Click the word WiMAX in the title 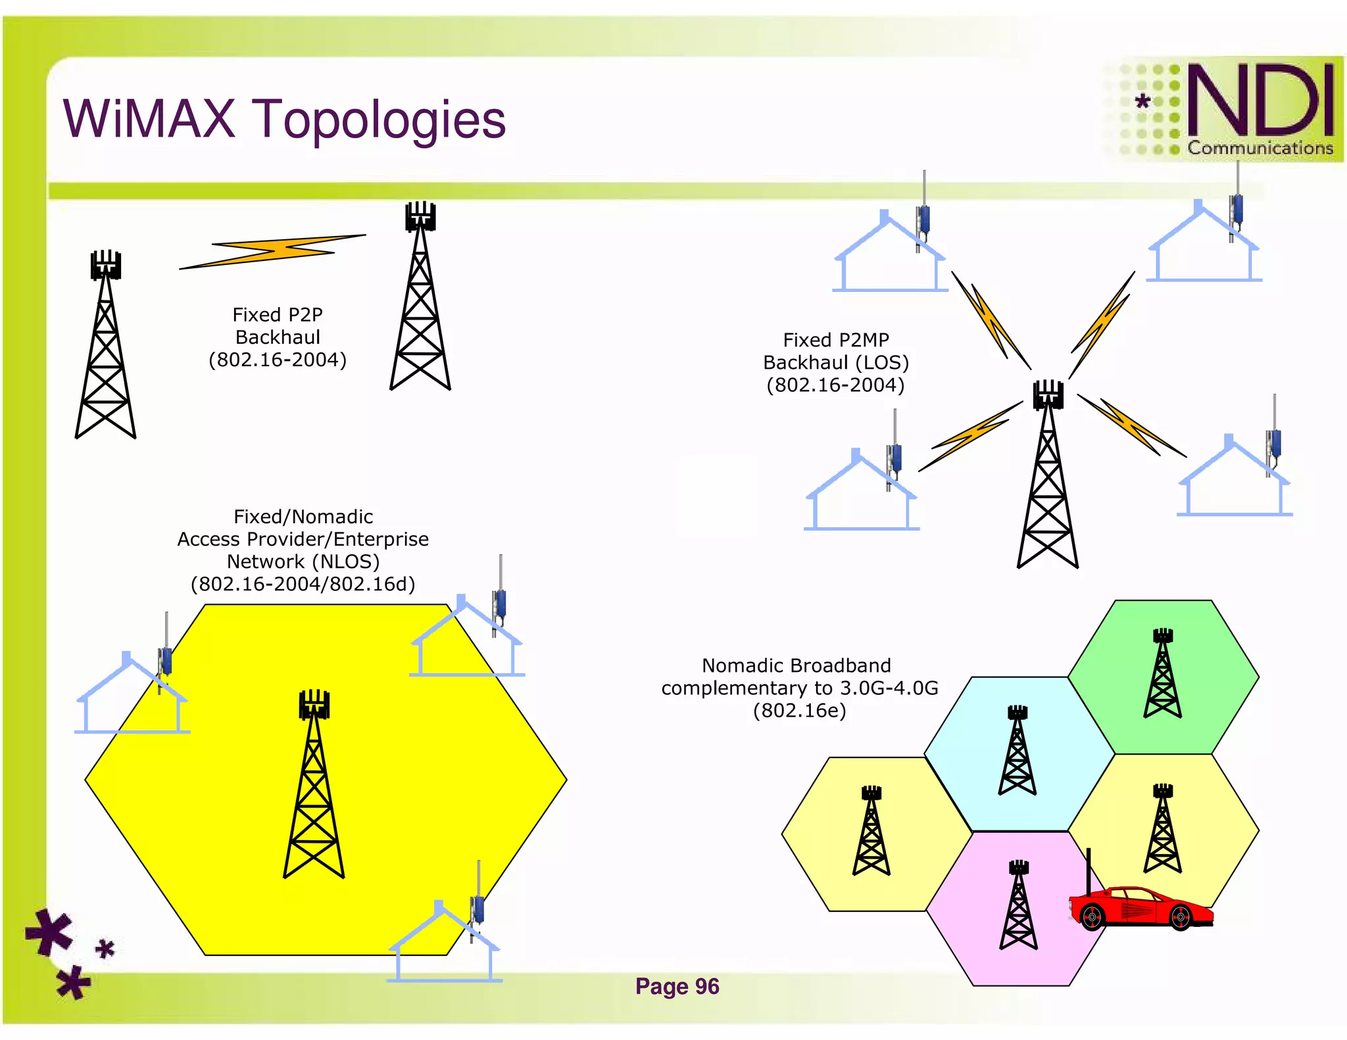[149, 119]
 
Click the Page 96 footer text [677, 986]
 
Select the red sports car [1142, 908]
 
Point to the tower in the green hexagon [1162, 673]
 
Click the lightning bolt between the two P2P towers [272, 251]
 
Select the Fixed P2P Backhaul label [278, 337]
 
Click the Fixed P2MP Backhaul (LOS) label [835, 362]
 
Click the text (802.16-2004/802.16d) [303, 584]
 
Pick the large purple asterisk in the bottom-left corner [49, 932]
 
